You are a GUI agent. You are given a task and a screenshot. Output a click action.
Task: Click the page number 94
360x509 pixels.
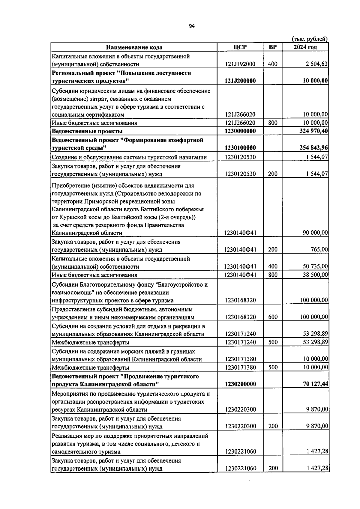tap(192, 26)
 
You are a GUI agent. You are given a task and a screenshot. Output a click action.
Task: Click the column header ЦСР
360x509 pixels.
tap(240, 47)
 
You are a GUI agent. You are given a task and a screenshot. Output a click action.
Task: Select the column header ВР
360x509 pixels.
tap(273, 47)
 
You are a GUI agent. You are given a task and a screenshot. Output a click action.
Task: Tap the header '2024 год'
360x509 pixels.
tap(305, 47)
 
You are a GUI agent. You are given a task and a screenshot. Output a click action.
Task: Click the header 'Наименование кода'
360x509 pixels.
tap(134, 47)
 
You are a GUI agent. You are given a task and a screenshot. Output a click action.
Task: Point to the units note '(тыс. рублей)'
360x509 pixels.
tap(310, 39)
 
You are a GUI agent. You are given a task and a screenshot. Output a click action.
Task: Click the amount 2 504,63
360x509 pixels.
tap(315, 64)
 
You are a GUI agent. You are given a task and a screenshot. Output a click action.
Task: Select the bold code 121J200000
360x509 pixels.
tap(240, 81)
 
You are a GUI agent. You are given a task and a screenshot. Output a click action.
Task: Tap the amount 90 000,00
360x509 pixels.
tap(315, 233)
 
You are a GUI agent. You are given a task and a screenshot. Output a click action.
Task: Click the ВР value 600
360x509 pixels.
tap(273, 317)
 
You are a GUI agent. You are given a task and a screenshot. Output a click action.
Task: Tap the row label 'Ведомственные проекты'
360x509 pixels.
tap(87, 131)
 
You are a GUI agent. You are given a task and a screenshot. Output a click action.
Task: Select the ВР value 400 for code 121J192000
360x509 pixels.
tap(273, 64)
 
